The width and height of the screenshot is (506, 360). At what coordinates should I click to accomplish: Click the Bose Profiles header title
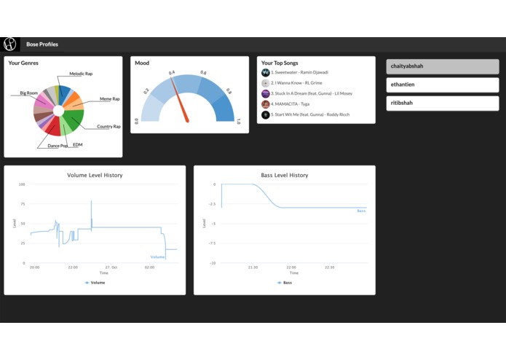click(x=42, y=44)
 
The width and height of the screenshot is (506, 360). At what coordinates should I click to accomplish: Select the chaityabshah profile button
click(x=442, y=66)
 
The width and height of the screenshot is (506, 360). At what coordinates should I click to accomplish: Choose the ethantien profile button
click(x=442, y=85)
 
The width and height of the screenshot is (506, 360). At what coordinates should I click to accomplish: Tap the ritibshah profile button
click(x=442, y=102)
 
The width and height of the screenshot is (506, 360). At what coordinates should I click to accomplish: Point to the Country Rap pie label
click(x=108, y=127)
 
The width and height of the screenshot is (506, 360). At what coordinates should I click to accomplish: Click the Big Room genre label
click(x=29, y=93)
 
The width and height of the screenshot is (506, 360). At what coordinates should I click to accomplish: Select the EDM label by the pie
click(x=77, y=145)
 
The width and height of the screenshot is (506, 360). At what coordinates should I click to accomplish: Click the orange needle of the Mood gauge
click(x=181, y=101)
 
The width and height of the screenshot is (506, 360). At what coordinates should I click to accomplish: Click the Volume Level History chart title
click(x=95, y=176)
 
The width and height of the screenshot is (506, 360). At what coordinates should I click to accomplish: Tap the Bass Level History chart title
click(x=284, y=176)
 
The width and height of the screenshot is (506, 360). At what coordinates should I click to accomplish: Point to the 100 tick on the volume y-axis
click(x=22, y=184)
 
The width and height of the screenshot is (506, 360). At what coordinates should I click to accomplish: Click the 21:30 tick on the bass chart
click(x=252, y=267)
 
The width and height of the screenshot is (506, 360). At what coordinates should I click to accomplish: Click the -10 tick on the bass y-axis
click(x=212, y=263)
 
